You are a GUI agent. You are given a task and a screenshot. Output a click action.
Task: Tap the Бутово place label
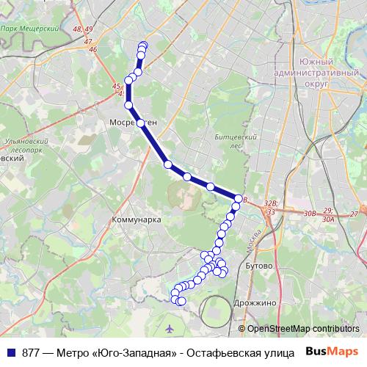[x=259, y=264]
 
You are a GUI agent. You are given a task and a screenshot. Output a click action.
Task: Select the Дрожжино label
[x=255, y=302]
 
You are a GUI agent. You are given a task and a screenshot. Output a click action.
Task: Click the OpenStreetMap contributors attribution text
[x=302, y=328]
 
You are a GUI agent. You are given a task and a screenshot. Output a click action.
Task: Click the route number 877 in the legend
[x=32, y=352]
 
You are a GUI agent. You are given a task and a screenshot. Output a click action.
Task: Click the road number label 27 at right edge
[x=354, y=213]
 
